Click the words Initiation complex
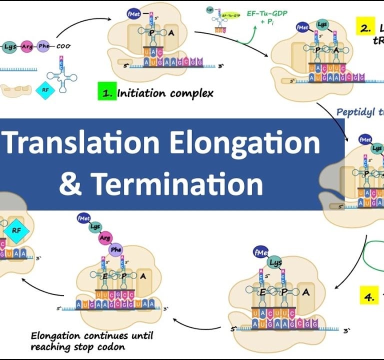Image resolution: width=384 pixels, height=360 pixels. (x=165, y=93)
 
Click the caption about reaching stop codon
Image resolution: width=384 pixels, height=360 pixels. (x=91, y=341)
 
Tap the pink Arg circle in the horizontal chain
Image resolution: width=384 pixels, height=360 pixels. (x=27, y=46)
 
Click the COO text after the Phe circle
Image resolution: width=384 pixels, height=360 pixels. (x=63, y=46)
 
